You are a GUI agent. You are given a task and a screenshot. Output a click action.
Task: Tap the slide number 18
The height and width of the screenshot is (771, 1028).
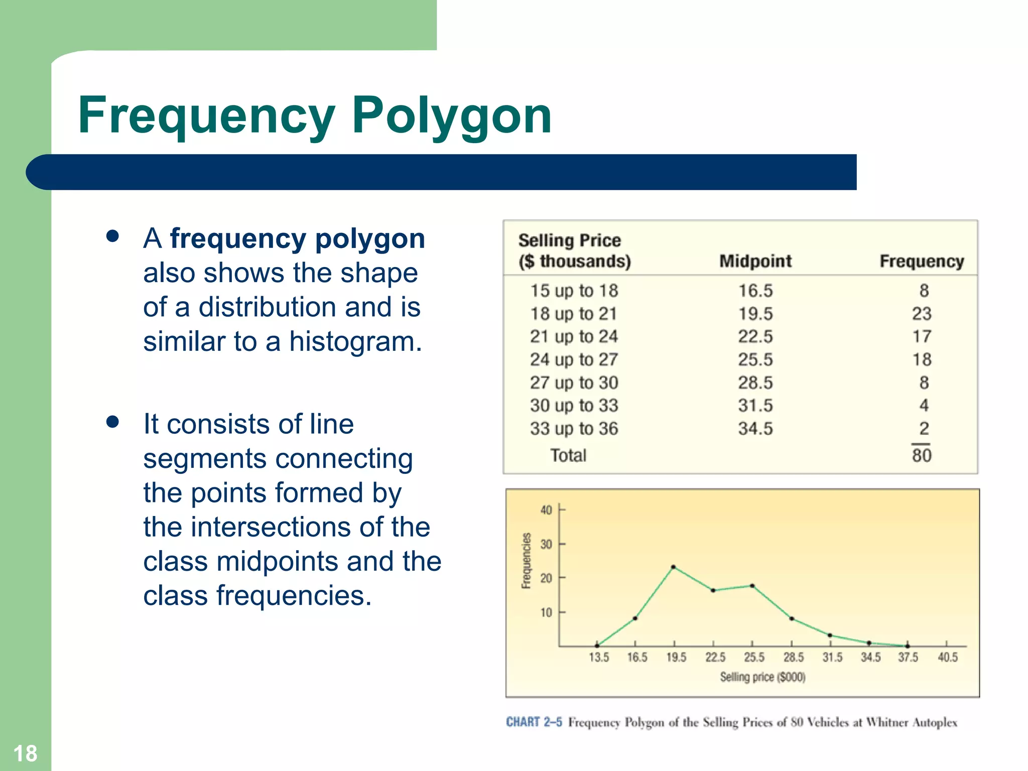tap(25, 753)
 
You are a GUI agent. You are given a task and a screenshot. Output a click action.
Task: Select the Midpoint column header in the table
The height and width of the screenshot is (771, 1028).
tap(755, 261)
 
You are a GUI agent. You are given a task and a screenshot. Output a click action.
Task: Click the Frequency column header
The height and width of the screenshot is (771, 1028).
tap(922, 261)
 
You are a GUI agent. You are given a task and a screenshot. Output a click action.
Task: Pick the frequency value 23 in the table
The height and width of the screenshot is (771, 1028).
tap(922, 314)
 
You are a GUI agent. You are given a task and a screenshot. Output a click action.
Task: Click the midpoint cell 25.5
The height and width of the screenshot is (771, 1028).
tap(755, 359)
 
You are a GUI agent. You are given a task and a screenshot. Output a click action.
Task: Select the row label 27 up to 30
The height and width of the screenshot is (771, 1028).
tap(574, 382)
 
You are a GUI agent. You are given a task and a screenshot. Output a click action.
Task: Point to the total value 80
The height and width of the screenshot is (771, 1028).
tap(922, 455)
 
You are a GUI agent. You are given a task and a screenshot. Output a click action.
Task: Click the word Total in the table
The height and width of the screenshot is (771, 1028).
tap(568, 455)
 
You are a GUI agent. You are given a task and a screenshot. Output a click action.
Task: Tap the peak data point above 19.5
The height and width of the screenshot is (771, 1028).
tap(674, 567)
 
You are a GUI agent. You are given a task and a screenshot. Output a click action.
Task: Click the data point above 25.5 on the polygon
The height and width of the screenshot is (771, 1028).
tap(752, 586)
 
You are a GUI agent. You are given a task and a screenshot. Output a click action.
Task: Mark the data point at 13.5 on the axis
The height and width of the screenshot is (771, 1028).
tap(597, 646)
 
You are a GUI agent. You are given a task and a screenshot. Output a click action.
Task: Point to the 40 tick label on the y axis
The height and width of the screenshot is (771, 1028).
tap(546, 510)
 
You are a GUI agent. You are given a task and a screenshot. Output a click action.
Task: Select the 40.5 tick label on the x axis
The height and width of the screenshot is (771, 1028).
tap(948, 657)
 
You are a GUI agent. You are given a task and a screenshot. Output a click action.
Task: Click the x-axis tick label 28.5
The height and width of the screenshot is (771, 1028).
tap(794, 657)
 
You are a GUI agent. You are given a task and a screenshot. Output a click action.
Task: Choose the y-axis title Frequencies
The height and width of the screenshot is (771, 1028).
tap(526, 561)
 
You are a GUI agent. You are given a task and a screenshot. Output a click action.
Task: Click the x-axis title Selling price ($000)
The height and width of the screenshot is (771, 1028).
tap(762, 677)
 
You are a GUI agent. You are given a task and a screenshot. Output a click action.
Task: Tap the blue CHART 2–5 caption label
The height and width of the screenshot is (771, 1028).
tap(534, 722)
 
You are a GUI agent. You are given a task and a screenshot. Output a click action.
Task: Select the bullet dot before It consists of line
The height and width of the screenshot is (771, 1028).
tap(112, 422)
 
